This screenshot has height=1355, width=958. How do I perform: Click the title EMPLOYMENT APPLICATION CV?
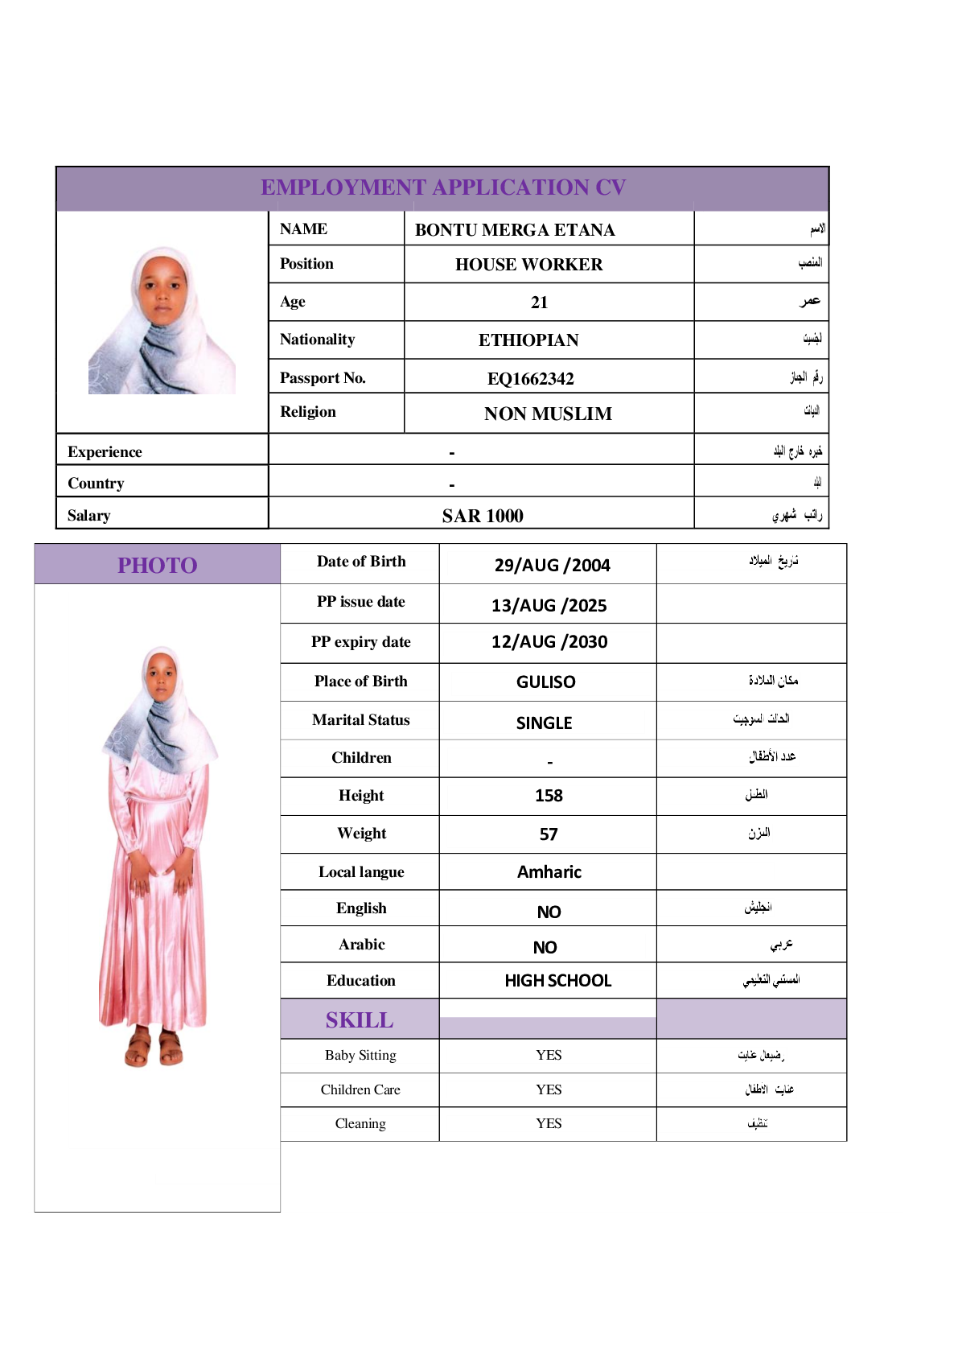tap(443, 187)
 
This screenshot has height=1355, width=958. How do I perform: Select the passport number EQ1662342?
tap(530, 378)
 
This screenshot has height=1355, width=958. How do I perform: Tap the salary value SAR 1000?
tap(482, 516)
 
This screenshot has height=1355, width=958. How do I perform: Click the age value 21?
tap(539, 303)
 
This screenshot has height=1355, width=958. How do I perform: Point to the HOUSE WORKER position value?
tap(528, 265)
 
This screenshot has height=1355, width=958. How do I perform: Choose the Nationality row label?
tap(317, 340)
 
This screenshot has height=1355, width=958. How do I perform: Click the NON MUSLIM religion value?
tap(548, 414)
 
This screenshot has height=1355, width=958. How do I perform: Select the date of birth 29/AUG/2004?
tap(552, 565)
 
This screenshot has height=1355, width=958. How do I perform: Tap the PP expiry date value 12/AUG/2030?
tap(549, 642)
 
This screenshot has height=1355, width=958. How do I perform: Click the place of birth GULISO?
tap(545, 682)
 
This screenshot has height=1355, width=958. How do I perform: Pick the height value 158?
tap(549, 796)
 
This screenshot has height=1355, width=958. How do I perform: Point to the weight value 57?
tap(549, 834)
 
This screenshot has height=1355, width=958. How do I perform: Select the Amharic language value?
tap(549, 872)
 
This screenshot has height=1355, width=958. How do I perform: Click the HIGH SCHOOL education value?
tap(557, 981)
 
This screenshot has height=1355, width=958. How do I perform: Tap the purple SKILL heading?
tap(360, 1020)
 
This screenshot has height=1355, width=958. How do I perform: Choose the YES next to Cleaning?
tap(549, 1123)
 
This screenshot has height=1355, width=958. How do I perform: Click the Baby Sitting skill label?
tap(360, 1055)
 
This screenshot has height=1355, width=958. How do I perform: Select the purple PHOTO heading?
tap(157, 565)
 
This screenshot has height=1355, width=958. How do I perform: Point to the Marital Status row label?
tap(360, 720)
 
